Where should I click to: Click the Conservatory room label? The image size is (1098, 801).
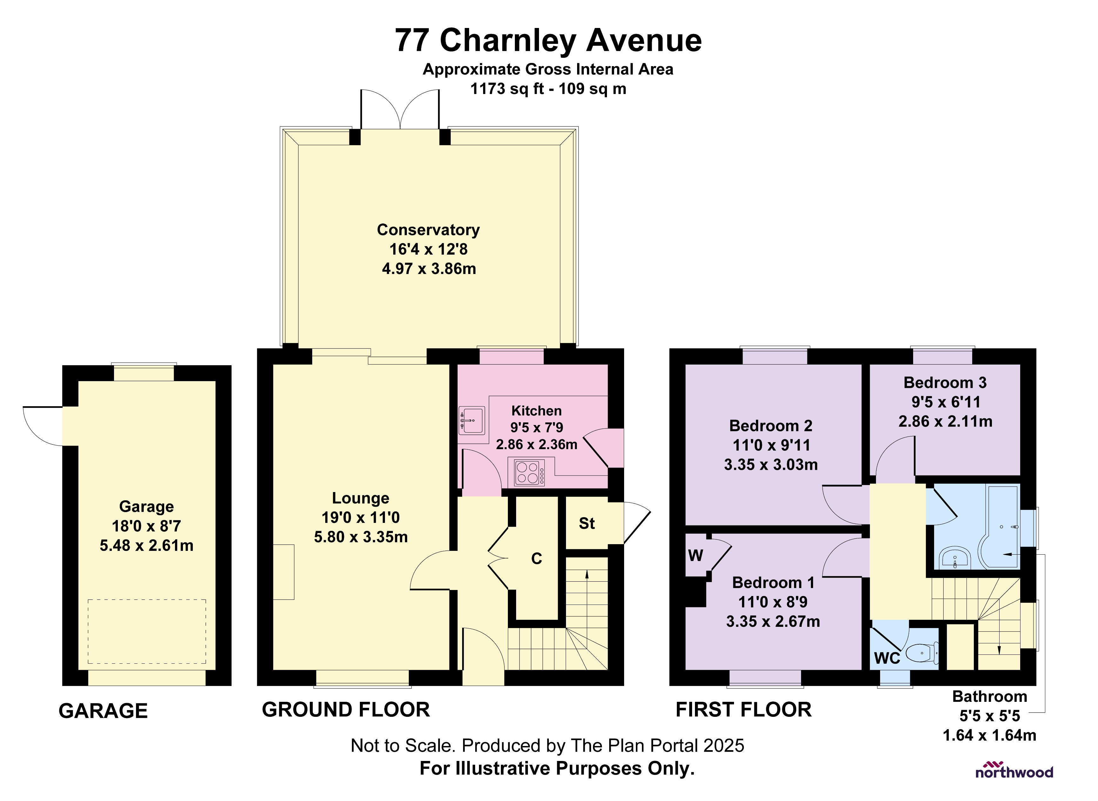pyautogui.click(x=428, y=230)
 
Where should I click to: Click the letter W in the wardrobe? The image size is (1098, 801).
pyautogui.click(x=695, y=556)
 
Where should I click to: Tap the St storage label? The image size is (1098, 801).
pyautogui.click(x=586, y=523)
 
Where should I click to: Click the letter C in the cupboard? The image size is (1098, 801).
pyautogui.click(x=536, y=558)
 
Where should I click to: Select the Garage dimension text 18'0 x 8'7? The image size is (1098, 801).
pyautogui.click(x=146, y=526)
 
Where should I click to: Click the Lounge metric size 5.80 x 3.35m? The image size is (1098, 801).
pyautogui.click(x=361, y=537)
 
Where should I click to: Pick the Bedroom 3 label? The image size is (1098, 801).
pyautogui.click(x=945, y=383)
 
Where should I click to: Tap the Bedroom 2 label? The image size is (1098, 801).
pyautogui.click(x=771, y=426)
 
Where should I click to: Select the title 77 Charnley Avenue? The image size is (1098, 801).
pyautogui.click(x=548, y=40)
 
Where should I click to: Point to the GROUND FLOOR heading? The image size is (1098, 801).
pyautogui.click(x=346, y=710)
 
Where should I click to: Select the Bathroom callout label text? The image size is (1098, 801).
pyautogui.click(x=989, y=696)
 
